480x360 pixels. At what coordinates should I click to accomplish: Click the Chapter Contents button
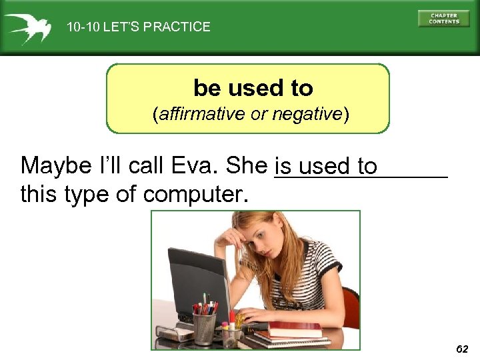click(443, 18)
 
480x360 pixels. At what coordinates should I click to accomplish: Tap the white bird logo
click(27, 27)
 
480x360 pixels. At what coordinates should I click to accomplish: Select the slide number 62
click(462, 349)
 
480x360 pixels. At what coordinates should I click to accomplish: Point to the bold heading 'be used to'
click(253, 88)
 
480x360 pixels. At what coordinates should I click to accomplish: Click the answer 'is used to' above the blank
click(326, 166)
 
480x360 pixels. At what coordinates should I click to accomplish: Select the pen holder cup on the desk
click(204, 327)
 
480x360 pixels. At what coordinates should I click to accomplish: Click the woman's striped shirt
click(313, 280)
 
